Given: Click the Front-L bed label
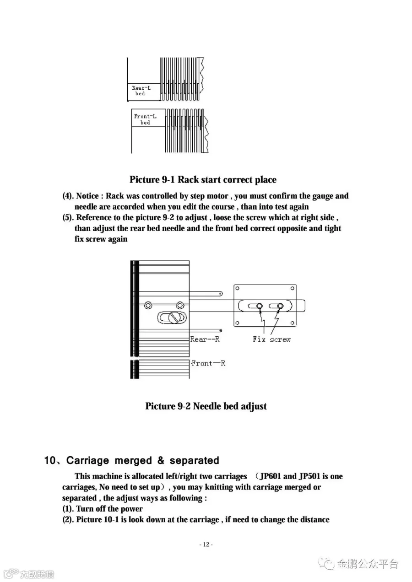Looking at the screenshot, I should [x=145, y=119].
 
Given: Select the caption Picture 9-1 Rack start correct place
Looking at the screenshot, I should [x=203, y=179].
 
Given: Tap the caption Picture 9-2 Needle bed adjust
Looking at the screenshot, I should [x=206, y=406].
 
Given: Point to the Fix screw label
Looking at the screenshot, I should [x=271, y=339].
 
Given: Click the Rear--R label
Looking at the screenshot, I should [x=205, y=339].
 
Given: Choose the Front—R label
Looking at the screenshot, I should [x=208, y=363].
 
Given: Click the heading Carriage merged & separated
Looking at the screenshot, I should [x=143, y=460].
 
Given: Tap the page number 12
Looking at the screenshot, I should [x=206, y=544].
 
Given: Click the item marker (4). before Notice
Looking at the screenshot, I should [x=68, y=196].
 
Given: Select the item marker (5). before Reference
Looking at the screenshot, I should [x=68, y=218].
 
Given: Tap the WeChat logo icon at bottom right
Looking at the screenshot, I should [x=327, y=563].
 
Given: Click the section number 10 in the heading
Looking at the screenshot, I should [x=49, y=460].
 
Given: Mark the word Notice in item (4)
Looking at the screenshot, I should [x=87, y=196].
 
